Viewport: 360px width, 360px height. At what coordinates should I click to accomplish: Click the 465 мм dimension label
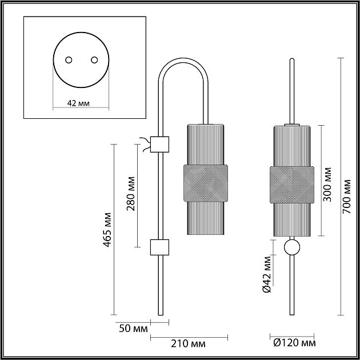click(107, 230)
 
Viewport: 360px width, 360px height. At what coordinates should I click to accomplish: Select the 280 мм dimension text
click(131, 194)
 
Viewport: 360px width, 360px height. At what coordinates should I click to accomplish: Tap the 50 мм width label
click(133, 329)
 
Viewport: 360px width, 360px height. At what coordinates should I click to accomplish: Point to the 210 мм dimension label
click(188, 344)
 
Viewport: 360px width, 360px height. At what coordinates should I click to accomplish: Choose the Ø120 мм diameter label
click(294, 343)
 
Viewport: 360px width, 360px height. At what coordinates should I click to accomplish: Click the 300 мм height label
click(327, 185)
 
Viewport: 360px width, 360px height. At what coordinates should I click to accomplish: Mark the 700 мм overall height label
click(347, 197)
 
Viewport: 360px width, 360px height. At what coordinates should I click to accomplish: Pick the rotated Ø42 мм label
click(266, 274)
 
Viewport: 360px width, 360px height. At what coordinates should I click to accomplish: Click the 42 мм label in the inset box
click(78, 103)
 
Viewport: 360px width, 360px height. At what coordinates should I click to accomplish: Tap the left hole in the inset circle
click(69, 60)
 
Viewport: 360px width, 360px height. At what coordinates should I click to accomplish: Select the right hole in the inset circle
click(94, 60)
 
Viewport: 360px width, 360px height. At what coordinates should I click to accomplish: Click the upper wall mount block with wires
click(159, 145)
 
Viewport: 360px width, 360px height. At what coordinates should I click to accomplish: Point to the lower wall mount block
click(159, 247)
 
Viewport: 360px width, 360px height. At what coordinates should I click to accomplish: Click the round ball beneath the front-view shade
click(292, 247)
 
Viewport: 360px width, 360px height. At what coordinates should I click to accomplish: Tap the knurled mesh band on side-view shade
click(206, 183)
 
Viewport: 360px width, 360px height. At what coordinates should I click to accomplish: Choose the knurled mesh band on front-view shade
click(292, 185)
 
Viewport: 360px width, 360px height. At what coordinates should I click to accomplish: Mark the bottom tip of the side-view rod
click(161, 315)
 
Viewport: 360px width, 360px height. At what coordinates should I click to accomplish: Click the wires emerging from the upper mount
click(145, 145)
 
